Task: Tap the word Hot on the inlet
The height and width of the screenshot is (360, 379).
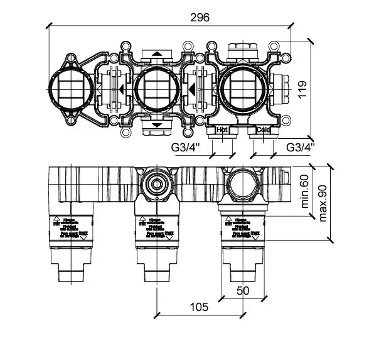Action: coord(222,130)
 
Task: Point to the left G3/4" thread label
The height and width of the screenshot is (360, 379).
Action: coord(185,148)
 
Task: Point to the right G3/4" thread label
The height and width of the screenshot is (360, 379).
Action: coord(299,148)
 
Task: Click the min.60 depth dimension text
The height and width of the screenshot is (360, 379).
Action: coord(306,192)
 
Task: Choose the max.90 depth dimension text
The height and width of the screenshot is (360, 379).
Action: coord(323,204)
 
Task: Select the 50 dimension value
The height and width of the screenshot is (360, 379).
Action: coord(243,290)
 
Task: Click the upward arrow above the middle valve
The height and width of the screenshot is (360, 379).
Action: coord(154,55)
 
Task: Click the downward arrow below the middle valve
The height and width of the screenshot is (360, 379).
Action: coord(154,127)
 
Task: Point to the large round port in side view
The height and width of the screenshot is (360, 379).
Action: coord(240,185)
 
